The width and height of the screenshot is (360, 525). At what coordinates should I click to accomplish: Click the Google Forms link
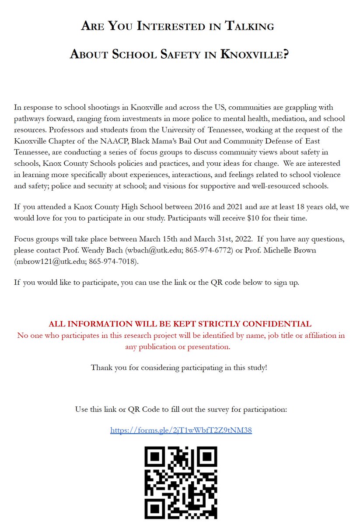pos(181,430)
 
